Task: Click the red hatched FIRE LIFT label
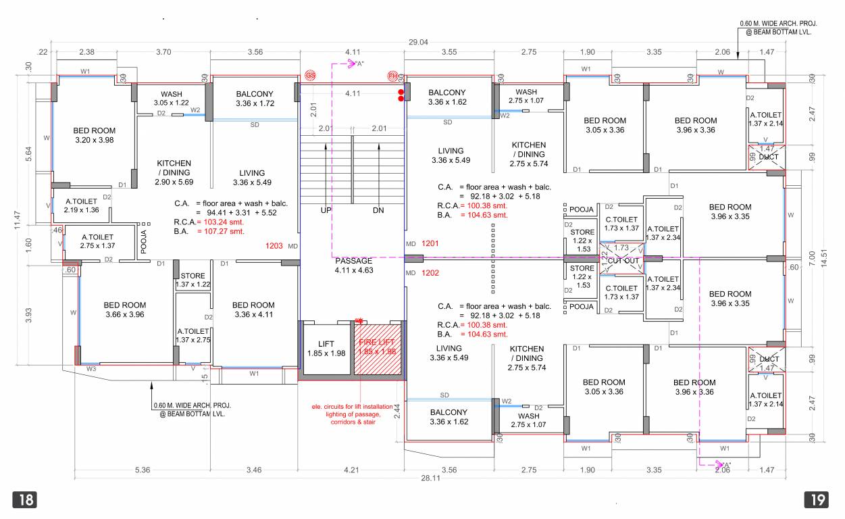(378, 347)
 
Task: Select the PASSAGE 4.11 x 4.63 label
(353, 266)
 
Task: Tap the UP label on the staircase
(326, 211)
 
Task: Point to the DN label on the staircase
(378, 211)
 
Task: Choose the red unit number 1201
(430, 243)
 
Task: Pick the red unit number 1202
(430, 273)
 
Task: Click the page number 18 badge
(24, 500)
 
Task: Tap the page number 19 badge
(817, 500)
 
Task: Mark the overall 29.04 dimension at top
(418, 42)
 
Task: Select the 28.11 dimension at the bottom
(430, 478)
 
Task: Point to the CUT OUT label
(623, 261)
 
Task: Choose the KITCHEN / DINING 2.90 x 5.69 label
(174, 172)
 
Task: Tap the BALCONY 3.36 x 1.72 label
(255, 99)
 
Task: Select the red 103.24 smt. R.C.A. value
(220, 222)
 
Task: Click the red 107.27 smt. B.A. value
(220, 231)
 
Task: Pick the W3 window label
(91, 369)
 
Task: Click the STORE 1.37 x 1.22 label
(193, 280)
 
